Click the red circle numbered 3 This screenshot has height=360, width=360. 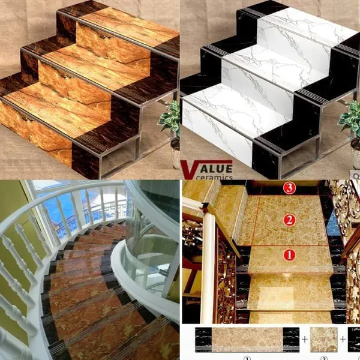289,188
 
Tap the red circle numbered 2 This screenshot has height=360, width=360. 289,220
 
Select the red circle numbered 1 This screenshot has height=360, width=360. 289,255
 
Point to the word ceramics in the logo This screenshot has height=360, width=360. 214,177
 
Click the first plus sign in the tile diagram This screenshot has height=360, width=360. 305,339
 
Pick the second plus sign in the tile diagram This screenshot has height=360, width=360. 343,339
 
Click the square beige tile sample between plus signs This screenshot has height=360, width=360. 323,340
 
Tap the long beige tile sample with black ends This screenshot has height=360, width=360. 247,340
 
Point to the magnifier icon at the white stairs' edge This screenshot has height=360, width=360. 356,176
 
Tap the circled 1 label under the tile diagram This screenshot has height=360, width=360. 247,358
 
